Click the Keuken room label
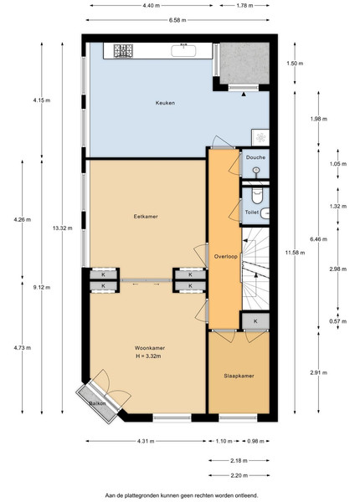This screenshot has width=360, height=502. (x=165, y=103)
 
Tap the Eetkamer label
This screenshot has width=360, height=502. (x=146, y=217)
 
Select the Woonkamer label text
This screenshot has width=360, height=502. (x=150, y=348)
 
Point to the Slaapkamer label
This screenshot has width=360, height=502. (x=239, y=376)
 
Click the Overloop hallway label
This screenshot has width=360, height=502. (x=226, y=257)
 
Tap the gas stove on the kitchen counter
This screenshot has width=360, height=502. (x=123, y=50)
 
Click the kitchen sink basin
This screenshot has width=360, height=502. (x=183, y=51)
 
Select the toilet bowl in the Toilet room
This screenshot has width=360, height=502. (x=257, y=196)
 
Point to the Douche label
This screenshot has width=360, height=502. (x=255, y=157)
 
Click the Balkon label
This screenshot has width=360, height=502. (x=97, y=403)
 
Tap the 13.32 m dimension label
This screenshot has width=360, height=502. (x=63, y=228)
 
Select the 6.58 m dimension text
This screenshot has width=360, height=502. (x=177, y=20)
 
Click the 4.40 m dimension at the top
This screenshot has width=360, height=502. (x=152, y=6)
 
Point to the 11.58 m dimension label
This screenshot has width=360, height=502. (x=295, y=253)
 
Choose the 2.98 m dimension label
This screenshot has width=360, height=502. (x=338, y=269)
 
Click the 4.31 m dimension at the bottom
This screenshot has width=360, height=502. (x=146, y=441)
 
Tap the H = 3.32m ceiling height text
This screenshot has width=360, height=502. (x=148, y=356)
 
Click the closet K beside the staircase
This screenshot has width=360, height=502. (x=255, y=321)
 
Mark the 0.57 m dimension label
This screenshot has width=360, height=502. (x=338, y=321)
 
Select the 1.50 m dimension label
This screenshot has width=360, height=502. (x=295, y=64)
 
